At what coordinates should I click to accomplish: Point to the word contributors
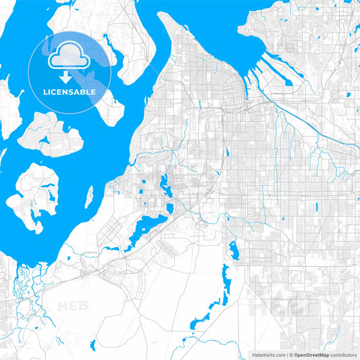click(x=343, y=354)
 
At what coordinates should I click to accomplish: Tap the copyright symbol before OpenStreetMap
click(x=290, y=354)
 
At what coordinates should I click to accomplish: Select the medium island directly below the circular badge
click(x=51, y=132)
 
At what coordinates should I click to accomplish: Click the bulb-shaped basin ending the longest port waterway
click(x=288, y=82)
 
